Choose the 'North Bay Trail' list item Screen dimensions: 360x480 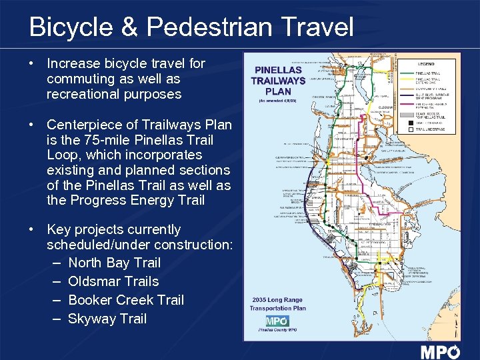click(114, 263)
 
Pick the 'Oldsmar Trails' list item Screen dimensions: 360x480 click(113, 281)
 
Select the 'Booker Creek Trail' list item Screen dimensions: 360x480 click(126, 300)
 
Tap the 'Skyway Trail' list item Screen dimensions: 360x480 click(107, 319)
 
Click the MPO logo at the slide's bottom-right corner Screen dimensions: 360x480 click(440, 352)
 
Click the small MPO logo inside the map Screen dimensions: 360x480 click(277, 321)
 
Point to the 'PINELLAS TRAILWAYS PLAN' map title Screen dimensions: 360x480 click(278, 81)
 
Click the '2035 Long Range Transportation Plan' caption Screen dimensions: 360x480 click(278, 304)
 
